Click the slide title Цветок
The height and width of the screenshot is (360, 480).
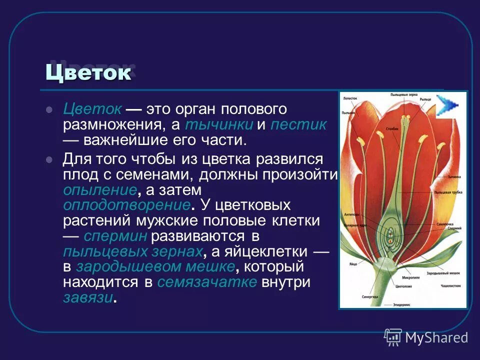click(88, 73)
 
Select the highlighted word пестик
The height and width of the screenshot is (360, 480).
click(298, 124)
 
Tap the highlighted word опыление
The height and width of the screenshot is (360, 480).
click(100, 190)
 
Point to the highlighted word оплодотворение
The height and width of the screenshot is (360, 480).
click(126, 205)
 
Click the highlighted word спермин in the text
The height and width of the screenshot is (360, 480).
click(115, 236)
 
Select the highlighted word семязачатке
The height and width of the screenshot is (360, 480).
click(207, 282)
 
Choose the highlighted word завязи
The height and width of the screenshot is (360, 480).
click(88, 298)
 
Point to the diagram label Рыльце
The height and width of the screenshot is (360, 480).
click(425, 99)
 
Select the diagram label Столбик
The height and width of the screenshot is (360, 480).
click(392, 128)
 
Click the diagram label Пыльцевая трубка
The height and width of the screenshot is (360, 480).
click(450, 192)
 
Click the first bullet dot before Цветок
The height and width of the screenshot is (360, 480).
click(49, 109)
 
